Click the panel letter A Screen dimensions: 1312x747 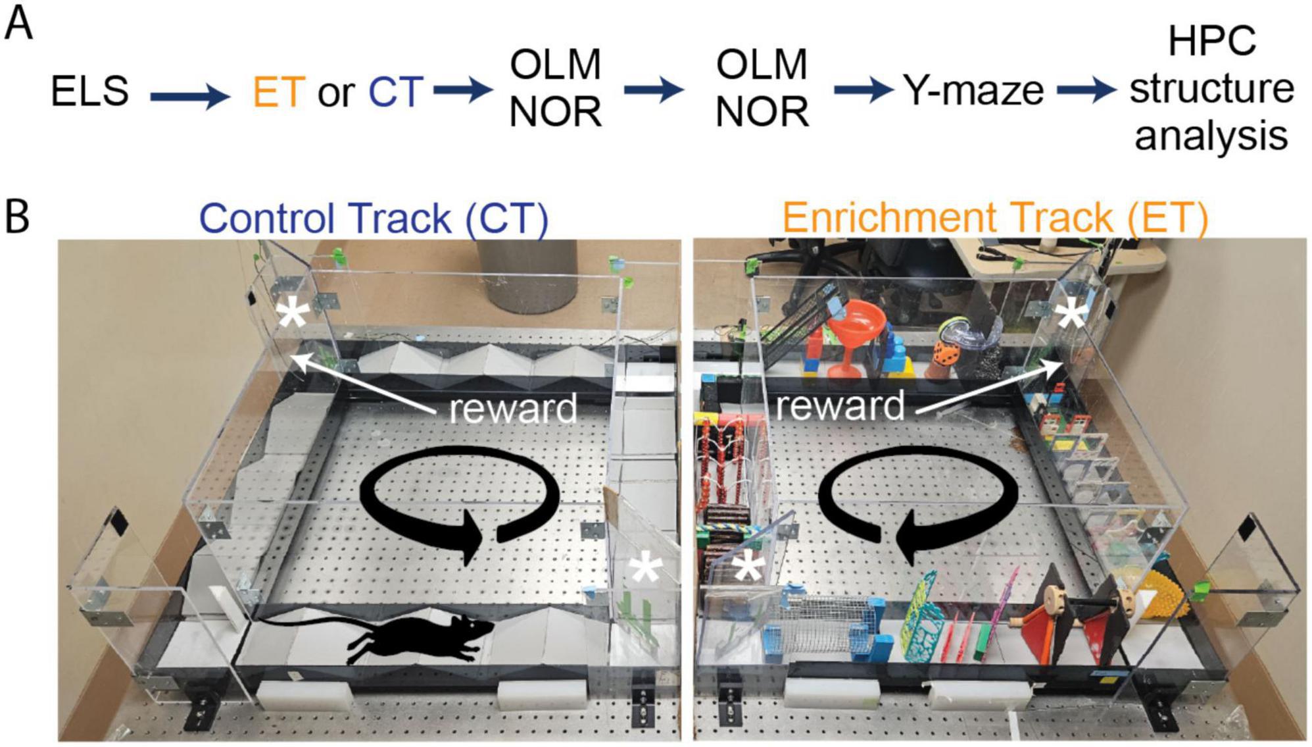[x=18, y=26]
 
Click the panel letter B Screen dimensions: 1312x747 [x=18, y=218]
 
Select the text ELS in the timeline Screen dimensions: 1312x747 [x=89, y=91]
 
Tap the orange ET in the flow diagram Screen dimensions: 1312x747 [x=279, y=91]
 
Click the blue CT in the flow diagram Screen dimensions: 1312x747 [x=395, y=91]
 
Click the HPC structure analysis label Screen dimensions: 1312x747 [x=1211, y=89]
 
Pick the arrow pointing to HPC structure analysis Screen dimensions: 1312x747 [x=1086, y=90]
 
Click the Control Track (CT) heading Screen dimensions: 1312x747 [x=373, y=219]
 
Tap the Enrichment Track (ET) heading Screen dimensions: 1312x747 [x=994, y=219]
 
